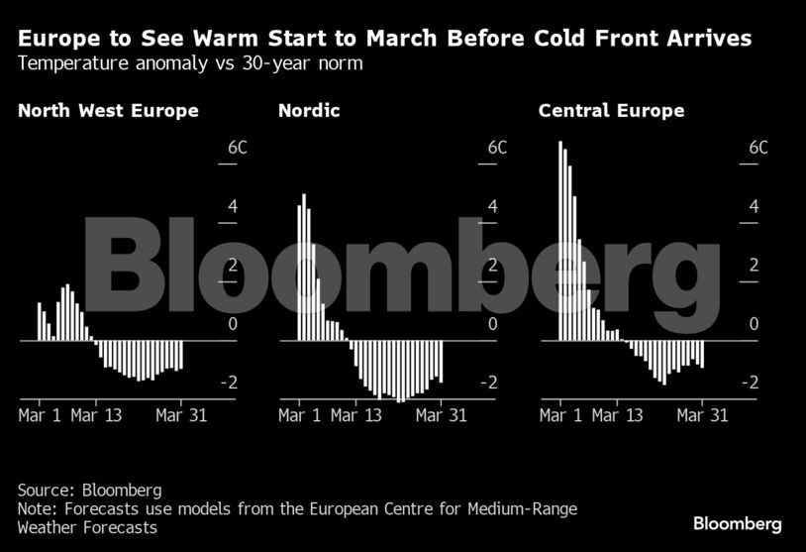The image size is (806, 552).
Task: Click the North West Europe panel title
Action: tap(108, 111)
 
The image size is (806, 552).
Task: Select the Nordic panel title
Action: tap(309, 111)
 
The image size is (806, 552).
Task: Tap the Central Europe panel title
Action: tap(611, 111)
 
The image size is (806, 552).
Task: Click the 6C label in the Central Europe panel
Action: tap(757, 148)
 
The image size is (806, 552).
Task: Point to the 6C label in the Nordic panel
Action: tap(497, 148)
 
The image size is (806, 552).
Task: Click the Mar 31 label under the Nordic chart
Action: tap(442, 415)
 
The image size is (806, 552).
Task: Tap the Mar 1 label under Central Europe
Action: tap(560, 415)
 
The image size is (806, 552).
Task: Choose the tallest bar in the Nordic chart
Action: tap(304, 268)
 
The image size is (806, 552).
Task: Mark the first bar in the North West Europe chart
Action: tap(40, 322)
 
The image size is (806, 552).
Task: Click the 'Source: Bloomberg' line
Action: tap(89, 490)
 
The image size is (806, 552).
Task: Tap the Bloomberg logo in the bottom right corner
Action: tap(737, 523)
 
